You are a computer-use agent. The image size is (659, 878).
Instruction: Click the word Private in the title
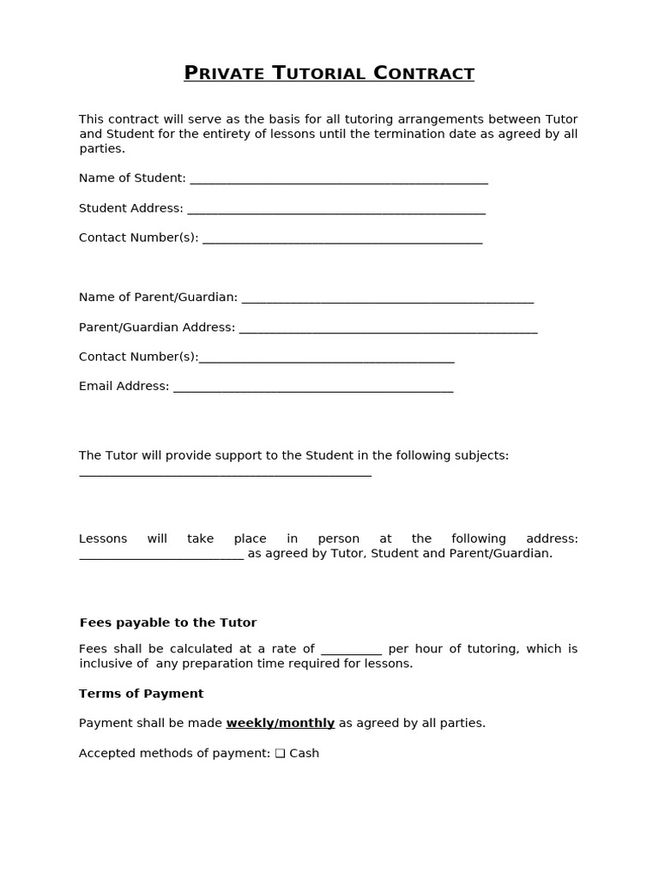(224, 74)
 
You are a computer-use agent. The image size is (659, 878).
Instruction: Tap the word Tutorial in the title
(319, 74)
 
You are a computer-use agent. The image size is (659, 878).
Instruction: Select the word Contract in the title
(424, 74)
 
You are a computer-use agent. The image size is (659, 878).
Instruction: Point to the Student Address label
(130, 208)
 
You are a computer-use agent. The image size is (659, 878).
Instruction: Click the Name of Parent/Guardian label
(158, 298)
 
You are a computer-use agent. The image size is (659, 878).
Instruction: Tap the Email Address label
(124, 387)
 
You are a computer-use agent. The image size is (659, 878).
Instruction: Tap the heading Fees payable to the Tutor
(168, 622)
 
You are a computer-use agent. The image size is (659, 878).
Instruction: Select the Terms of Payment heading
(142, 694)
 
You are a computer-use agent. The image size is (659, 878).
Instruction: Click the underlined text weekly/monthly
(280, 723)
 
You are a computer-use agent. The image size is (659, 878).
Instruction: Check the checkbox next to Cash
(280, 754)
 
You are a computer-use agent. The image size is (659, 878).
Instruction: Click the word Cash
(305, 754)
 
